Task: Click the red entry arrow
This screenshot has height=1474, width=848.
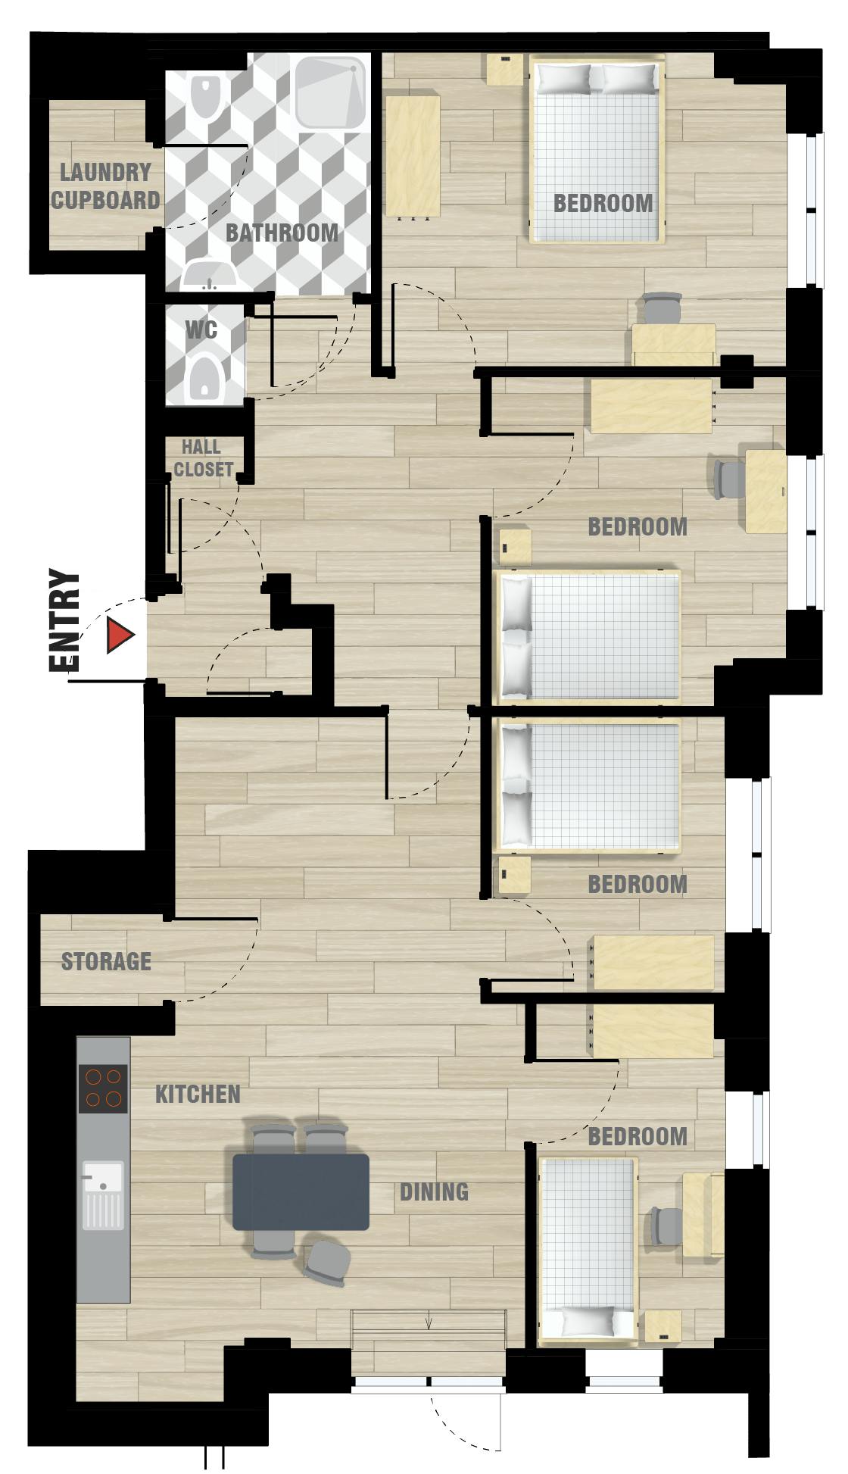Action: point(120,635)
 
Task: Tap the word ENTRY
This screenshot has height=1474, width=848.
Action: point(64,620)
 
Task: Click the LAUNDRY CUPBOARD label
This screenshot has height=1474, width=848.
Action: point(105,186)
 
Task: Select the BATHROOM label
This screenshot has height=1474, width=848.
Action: point(282,233)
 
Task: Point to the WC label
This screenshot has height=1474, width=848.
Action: point(201,329)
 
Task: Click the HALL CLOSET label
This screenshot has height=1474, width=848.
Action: point(202,458)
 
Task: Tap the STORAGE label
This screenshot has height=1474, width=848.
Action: point(106,961)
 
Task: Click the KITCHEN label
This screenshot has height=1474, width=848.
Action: point(198,1094)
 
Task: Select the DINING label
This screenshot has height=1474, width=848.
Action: point(434,1191)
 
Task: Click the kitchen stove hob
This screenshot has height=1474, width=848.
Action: point(103,1088)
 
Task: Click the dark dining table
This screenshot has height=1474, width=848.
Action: point(301,1191)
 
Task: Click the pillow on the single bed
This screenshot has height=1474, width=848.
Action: point(587,1321)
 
